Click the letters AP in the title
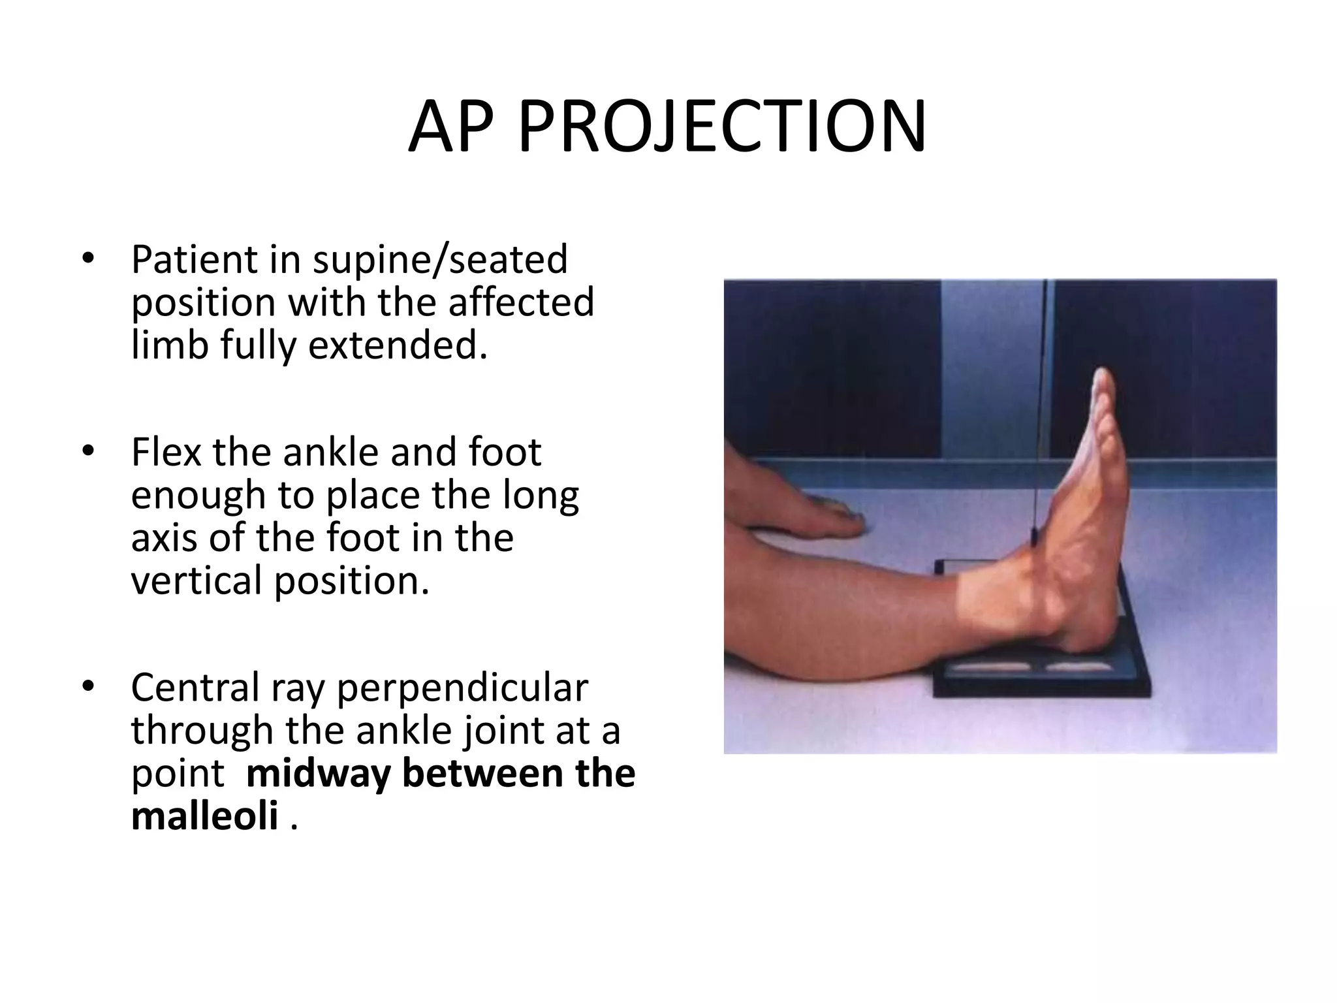click(x=450, y=128)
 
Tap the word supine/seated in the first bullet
click(x=440, y=260)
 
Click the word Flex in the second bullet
click(x=166, y=452)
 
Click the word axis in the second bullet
click(x=163, y=538)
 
